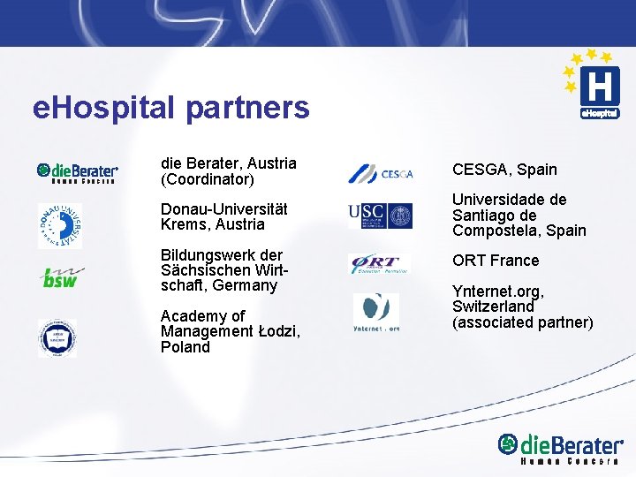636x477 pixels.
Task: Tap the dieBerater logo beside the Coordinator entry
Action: [77, 171]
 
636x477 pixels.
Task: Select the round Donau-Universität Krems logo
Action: [59, 225]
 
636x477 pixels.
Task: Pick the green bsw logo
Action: [60, 277]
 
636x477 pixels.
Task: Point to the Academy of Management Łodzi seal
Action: [57, 337]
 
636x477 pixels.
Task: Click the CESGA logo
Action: [380, 173]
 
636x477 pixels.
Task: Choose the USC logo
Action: [380, 215]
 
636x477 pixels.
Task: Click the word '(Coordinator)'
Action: [208, 179]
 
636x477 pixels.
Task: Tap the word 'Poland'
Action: [185, 347]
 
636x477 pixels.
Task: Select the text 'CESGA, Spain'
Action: [504, 169]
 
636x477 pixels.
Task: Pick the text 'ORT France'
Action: [496, 260]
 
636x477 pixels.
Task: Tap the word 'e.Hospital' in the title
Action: [105, 109]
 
